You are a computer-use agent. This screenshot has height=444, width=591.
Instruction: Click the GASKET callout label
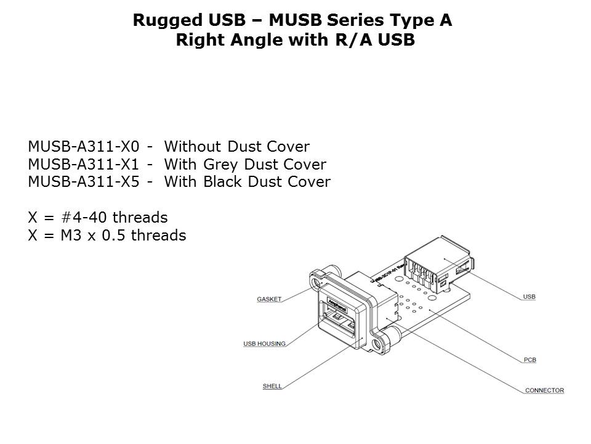(x=269, y=299)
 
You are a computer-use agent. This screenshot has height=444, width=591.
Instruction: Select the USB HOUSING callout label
(x=265, y=343)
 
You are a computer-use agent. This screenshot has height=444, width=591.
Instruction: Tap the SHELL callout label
(x=272, y=386)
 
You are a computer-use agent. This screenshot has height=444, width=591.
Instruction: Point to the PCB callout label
(x=529, y=360)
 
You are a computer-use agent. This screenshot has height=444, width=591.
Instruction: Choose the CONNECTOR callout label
(x=544, y=390)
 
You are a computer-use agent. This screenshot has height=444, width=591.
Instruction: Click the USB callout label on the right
(x=529, y=297)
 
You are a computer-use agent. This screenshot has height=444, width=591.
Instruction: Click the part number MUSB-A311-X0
(x=87, y=147)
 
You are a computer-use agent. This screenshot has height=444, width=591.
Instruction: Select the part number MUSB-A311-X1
(x=87, y=165)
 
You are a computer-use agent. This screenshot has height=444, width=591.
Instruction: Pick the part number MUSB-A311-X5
(x=87, y=182)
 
